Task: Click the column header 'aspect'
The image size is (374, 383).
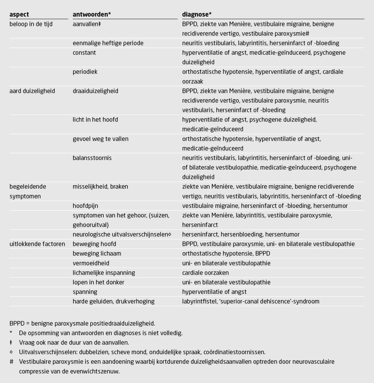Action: coord(19,15)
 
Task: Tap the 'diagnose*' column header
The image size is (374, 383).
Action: coord(197,15)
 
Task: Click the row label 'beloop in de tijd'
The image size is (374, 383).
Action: coord(31,24)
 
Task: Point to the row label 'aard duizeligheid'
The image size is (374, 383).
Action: coord(32,91)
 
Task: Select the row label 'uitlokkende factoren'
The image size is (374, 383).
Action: coord(37,244)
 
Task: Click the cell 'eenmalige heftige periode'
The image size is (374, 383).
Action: coord(108,43)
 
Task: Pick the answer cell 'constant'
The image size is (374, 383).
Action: coord(84,53)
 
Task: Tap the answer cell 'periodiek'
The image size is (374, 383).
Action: coord(85,72)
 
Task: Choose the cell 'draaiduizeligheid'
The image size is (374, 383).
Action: coord(95,91)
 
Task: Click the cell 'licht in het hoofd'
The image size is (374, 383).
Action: coord(95,120)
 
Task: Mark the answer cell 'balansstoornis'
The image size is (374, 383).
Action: coord(92,158)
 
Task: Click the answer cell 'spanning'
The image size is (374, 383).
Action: coord(85,292)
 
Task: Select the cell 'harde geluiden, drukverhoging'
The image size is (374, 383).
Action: coord(113,301)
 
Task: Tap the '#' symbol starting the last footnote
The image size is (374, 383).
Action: coord(12,361)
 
